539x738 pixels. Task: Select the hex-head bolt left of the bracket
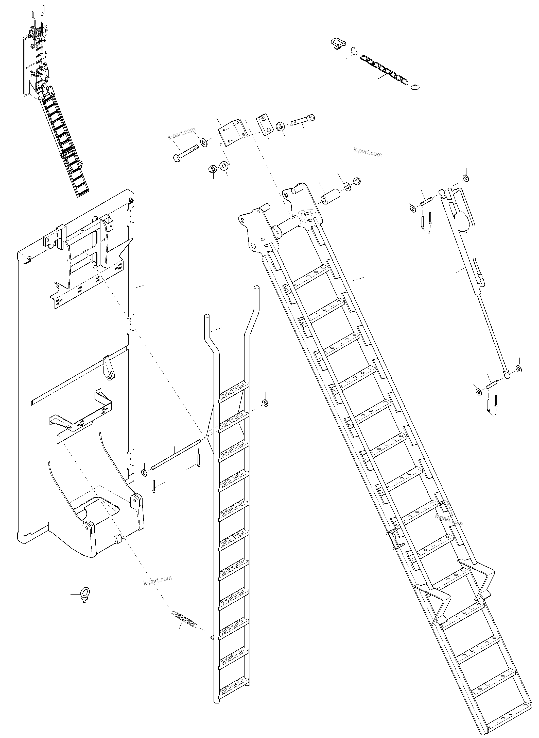coord(185,153)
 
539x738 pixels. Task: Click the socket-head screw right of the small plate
coord(302,121)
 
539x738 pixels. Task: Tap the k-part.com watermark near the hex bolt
coord(181,134)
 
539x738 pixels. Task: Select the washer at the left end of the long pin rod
coord(144,473)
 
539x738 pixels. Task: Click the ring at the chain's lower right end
coord(415,87)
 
